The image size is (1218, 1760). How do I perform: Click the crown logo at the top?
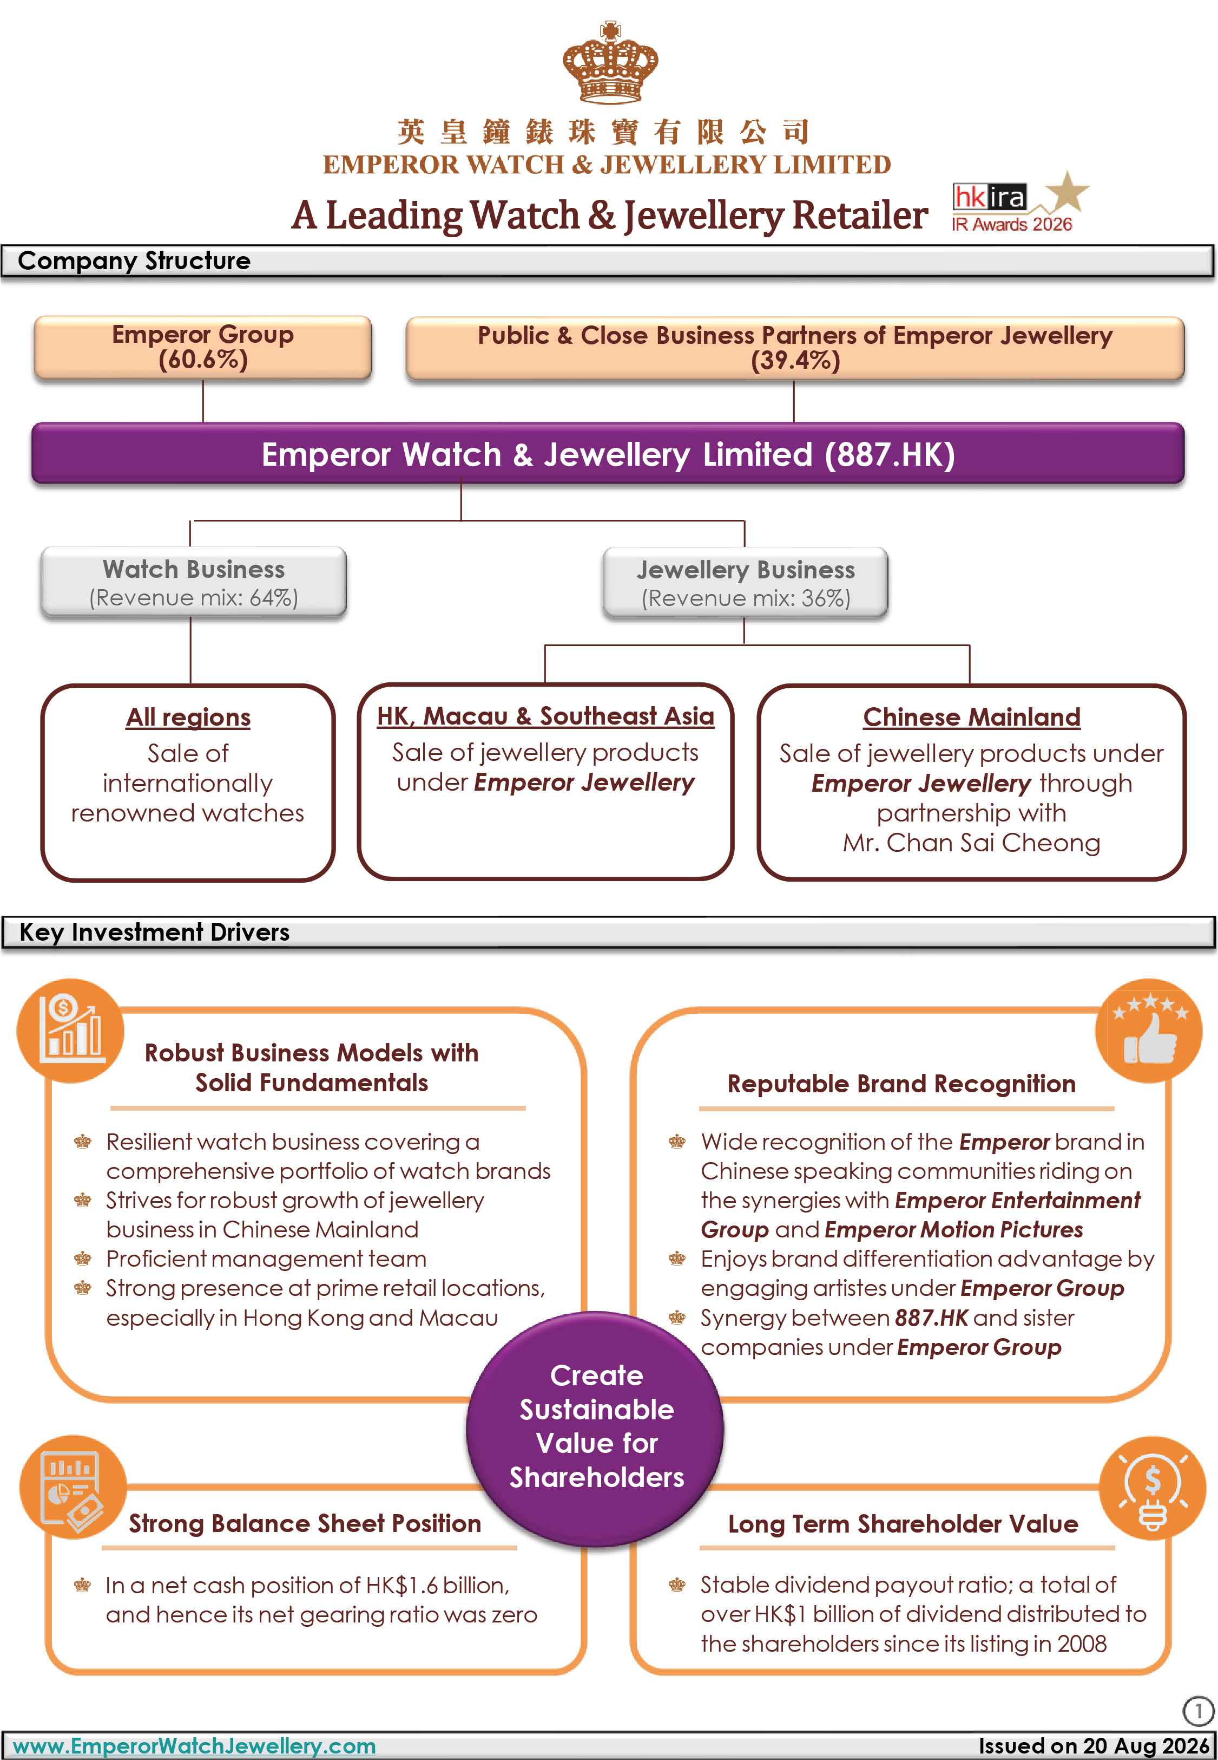tap(610, 63)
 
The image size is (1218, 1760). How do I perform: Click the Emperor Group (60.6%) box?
tap(203, 348)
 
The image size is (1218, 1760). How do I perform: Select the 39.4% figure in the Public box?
tap(795, 361)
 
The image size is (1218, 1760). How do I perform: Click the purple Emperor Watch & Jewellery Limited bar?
tap(608, 454)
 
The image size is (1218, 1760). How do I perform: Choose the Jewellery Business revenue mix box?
tap(746, 583)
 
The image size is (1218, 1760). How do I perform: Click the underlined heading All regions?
tap(188, 717)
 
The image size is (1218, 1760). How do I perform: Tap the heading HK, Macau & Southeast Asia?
tap(545, 716)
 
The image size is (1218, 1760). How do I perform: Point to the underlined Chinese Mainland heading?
tap(971, 717)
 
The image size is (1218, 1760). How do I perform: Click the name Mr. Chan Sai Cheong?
tap(971, 843)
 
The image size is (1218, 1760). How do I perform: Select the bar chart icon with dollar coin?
tap(71, 1030)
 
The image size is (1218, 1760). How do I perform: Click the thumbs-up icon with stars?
tap(1149, 1030)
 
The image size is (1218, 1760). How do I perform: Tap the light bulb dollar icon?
tap(1153, 1488)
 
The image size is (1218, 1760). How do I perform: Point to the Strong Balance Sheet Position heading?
tap(305, 1523)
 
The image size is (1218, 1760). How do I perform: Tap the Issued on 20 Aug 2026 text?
tap(1094, 1745)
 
